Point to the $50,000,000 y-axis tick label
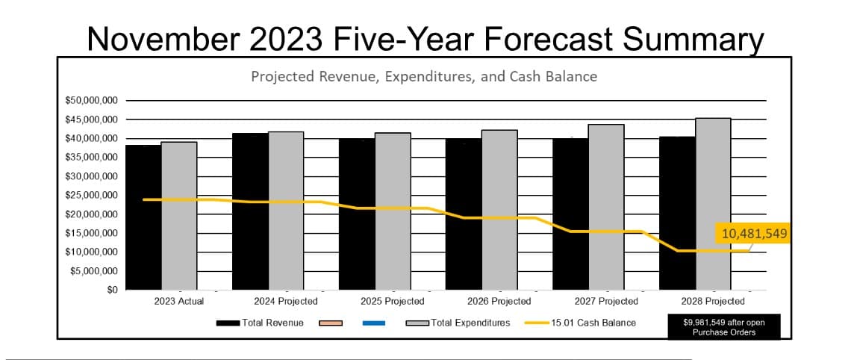point(87,100)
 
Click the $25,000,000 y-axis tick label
point(87,195)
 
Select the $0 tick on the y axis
point(111,290)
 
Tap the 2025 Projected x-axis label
point(392,301)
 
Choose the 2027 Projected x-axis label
point(606,301)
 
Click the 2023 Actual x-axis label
point(178,301)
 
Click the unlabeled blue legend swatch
point(374,323)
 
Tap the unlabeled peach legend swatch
point(331,323)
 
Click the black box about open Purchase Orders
point(723,327)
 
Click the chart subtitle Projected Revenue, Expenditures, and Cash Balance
point(423,76)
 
